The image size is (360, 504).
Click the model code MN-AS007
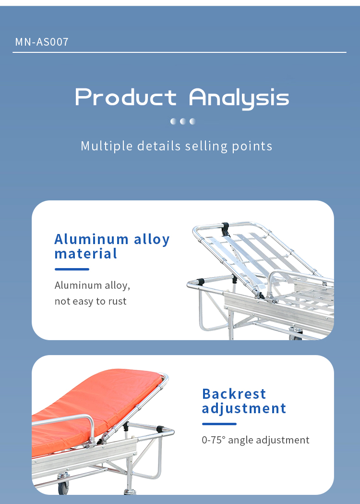[x=42, y=42]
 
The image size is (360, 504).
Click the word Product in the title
[x=126, y=97]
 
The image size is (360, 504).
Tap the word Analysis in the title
[x=239, y=98]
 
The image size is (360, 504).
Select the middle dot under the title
[x=183, y=121]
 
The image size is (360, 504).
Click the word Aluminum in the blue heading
[x=92, y=239]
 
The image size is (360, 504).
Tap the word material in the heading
[x=85, y=254]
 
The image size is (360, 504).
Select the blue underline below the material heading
[x=72, y=270]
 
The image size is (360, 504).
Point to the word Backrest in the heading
[x=234, y=394]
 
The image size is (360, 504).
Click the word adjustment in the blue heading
[x=244, y=409]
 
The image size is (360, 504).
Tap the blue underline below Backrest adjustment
[x=219, y=424]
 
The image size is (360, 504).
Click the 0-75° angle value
[x=214, y=440]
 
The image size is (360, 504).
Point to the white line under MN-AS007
[x=180, y=52]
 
